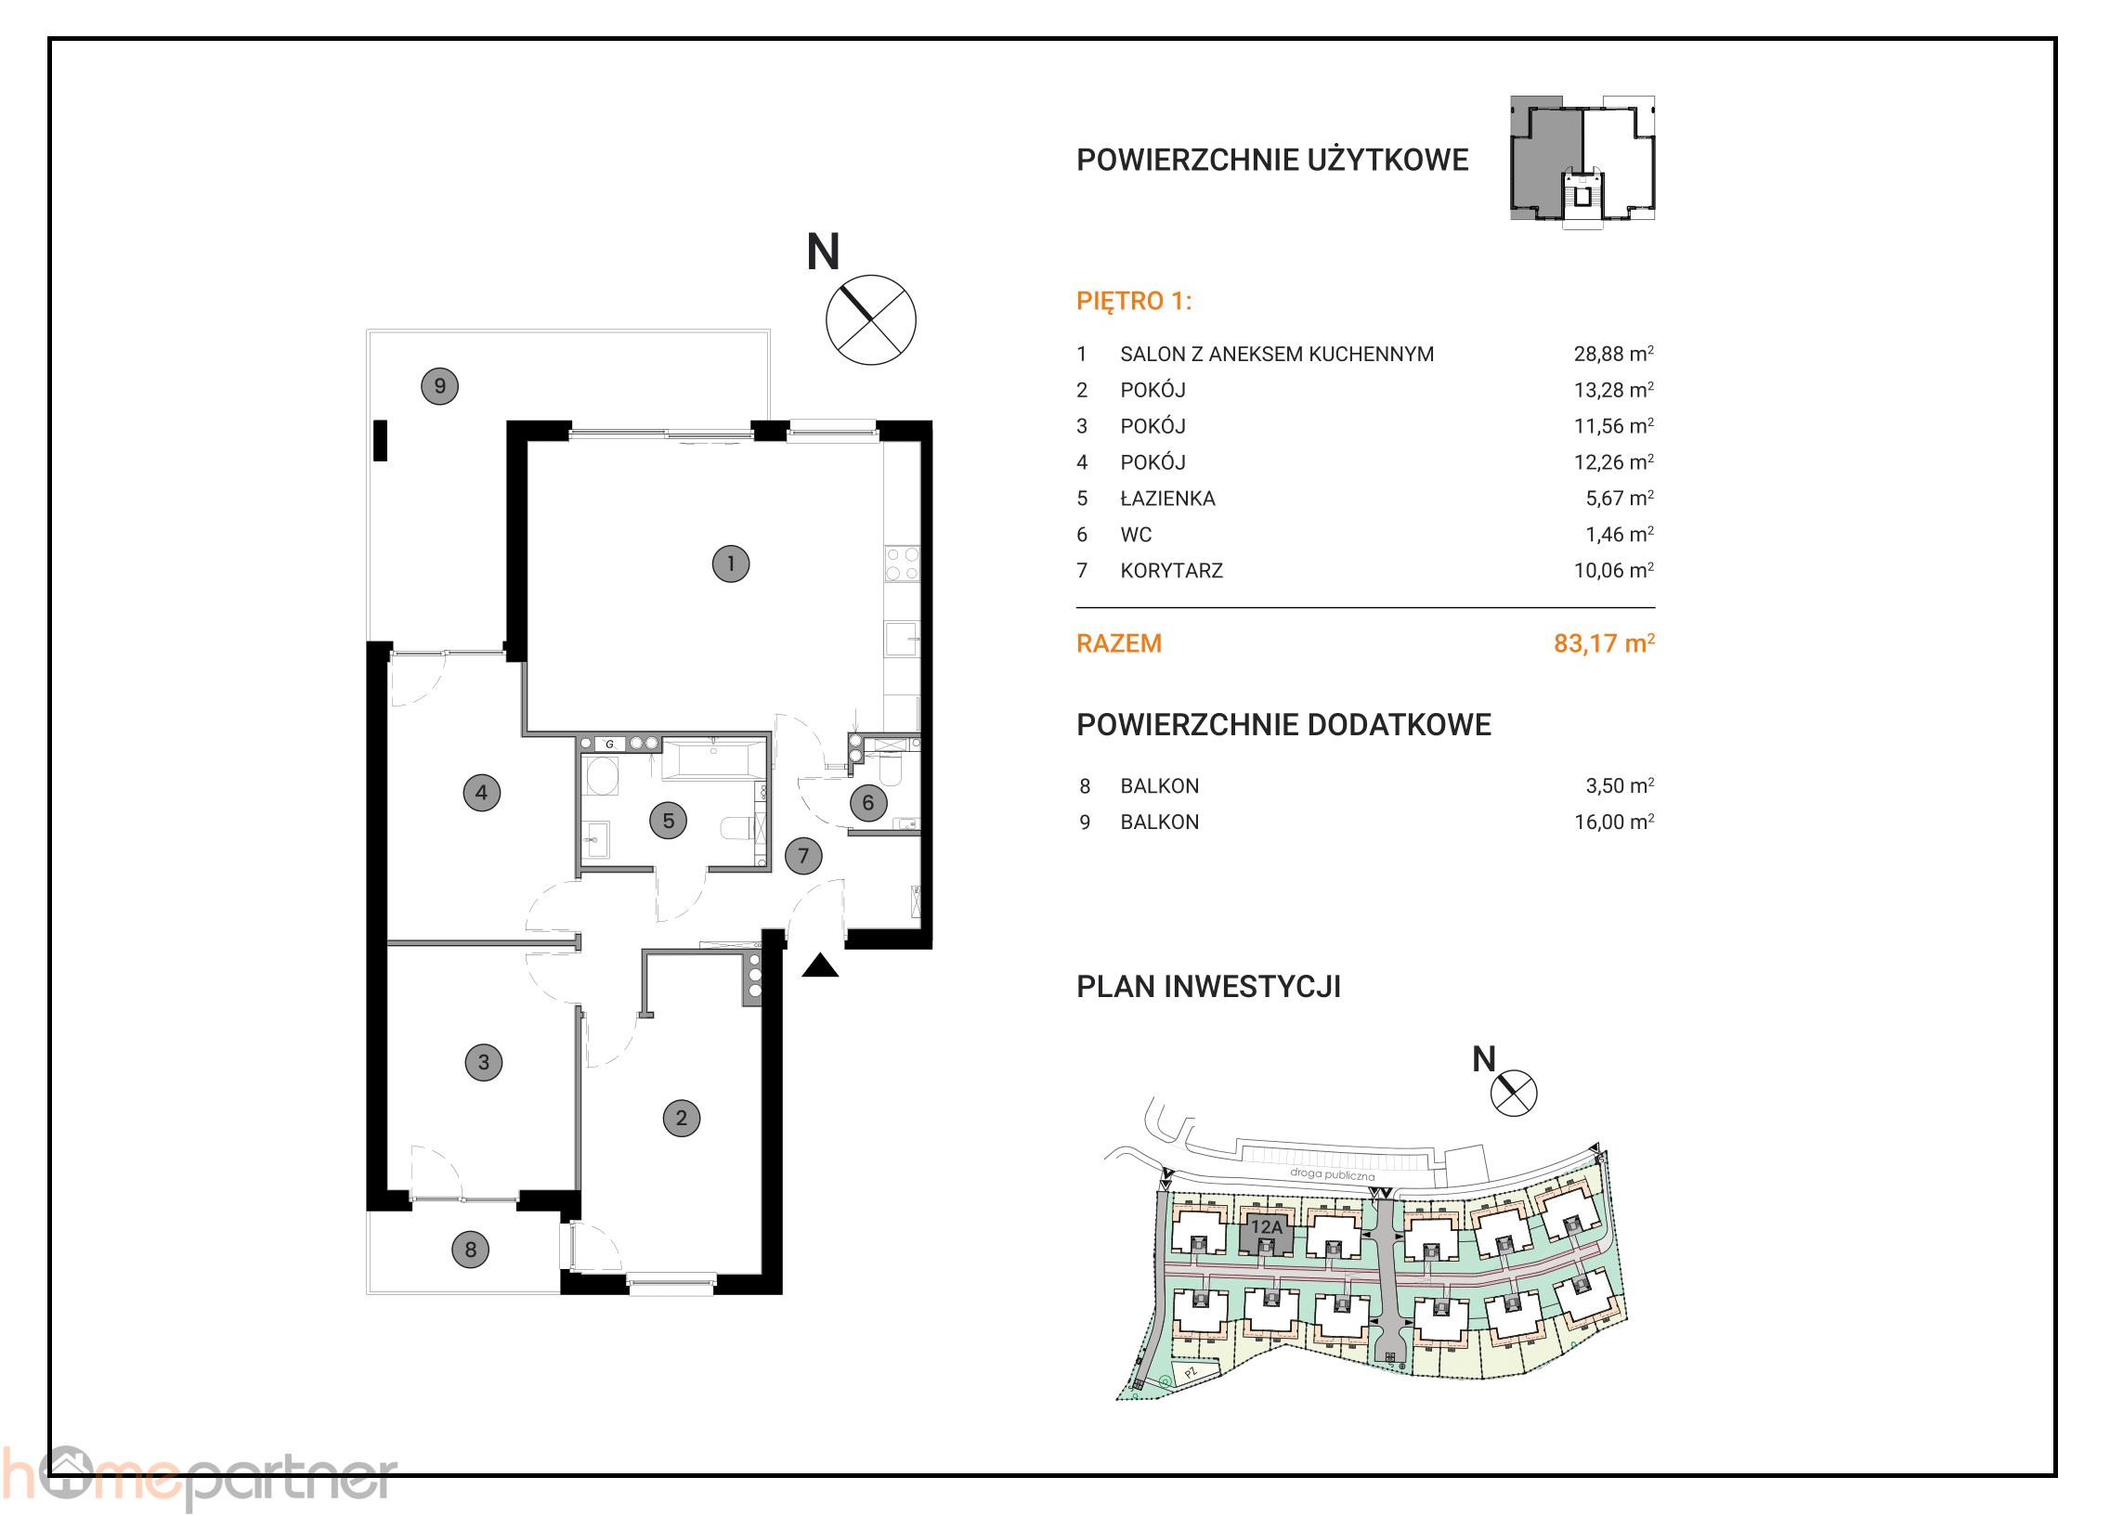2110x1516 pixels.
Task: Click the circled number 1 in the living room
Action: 730,564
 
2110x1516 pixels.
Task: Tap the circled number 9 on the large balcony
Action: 440,386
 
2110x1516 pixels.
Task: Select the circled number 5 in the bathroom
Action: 668,822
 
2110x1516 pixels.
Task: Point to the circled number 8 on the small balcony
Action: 471,1249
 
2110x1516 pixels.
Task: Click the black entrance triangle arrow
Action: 820,966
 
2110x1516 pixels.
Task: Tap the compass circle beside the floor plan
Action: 871,320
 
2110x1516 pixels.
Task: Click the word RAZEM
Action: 1118,643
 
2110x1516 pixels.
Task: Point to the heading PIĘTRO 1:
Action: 1133,302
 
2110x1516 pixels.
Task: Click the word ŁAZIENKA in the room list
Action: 1167,499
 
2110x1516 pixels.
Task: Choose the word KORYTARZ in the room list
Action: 1171,571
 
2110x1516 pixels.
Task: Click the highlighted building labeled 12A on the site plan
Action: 1266,1231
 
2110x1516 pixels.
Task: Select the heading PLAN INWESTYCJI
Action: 1208,987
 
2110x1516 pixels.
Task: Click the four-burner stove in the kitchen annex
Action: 902,564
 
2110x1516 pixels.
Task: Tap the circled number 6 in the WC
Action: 868,803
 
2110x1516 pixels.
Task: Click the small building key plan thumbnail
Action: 1582,160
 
